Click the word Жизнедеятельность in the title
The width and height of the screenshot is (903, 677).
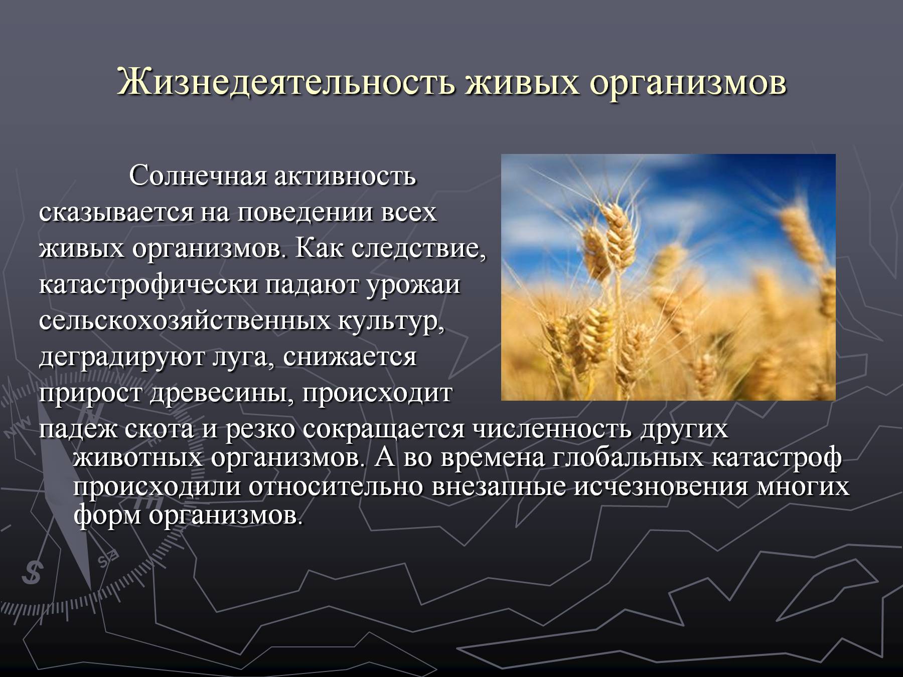286,82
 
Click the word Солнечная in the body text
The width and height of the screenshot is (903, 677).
197,177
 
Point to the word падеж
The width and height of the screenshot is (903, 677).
75,431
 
